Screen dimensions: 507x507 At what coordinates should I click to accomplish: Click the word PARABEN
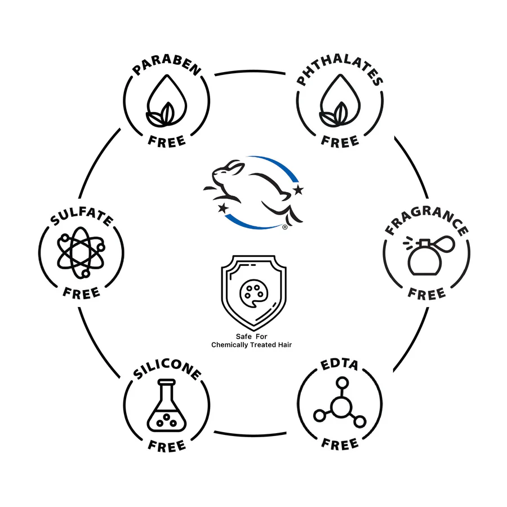click(167, 69)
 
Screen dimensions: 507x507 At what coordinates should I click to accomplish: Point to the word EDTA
click(340, 366)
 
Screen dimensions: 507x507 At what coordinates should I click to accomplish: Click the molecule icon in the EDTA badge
click(340, 404)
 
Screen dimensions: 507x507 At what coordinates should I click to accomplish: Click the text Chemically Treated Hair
click(253, 344)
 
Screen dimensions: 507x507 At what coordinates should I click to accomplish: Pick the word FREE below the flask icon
click(167, 446)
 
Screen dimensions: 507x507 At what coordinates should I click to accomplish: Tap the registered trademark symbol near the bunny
click(285, 228)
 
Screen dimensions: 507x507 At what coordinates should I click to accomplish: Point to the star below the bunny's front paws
click(224, 208)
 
